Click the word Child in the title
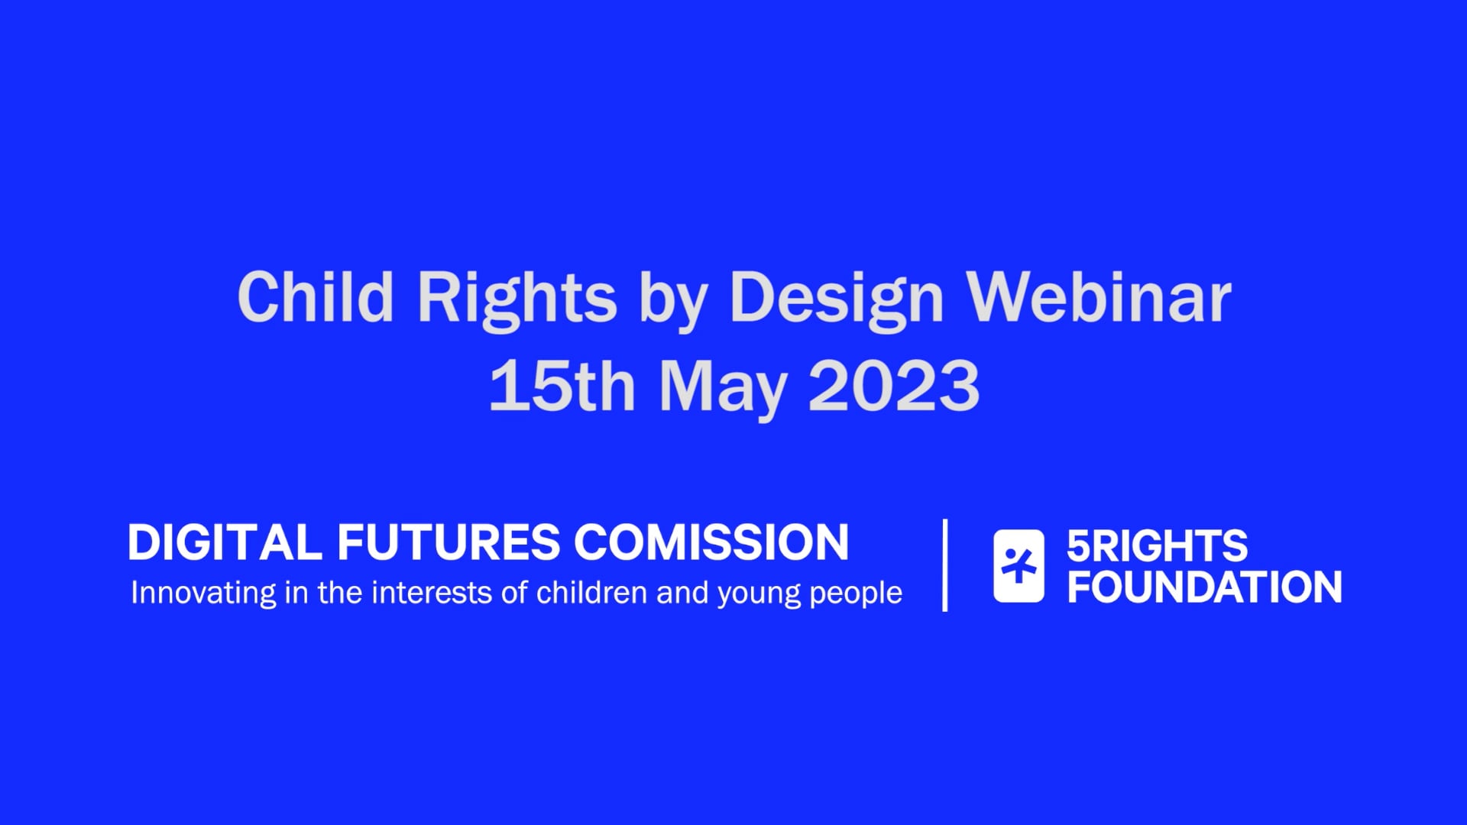click(x=316, y=297)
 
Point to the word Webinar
click(x=1099, y=297)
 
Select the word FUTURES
click(x=449, y=542)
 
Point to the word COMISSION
click(x=711, y=542)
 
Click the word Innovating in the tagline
click(x=203, y=594)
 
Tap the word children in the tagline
click(x=591, y=593)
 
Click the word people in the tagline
click(x=856, y=594)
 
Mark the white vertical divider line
click(x=946, y=565)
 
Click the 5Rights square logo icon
click(x=1018, y=566)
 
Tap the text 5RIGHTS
click(x=1157, y=546)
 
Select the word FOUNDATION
click(x=1204, y=587)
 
